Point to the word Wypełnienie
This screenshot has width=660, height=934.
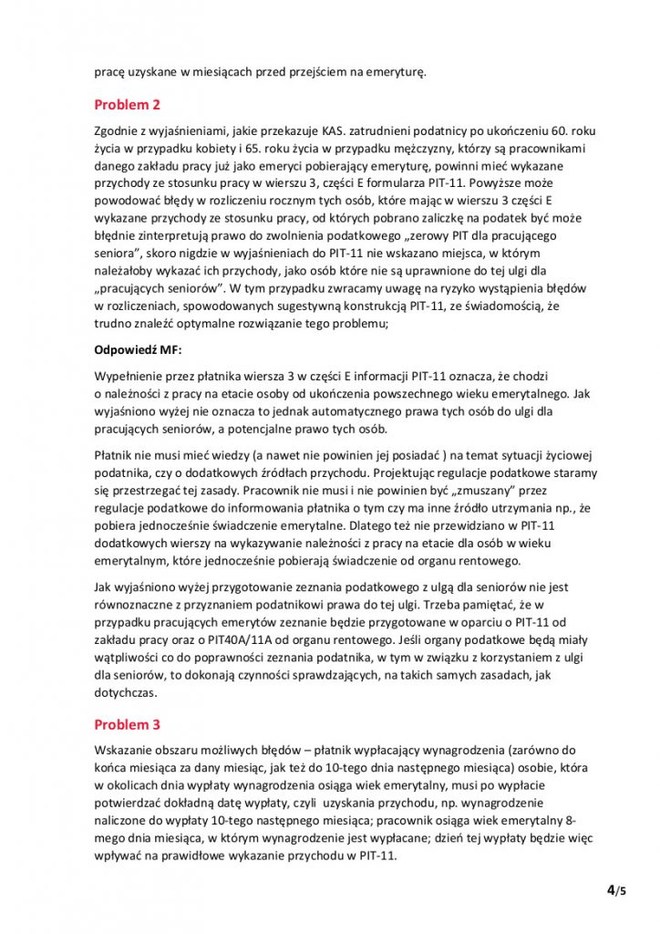pos(131,376)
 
